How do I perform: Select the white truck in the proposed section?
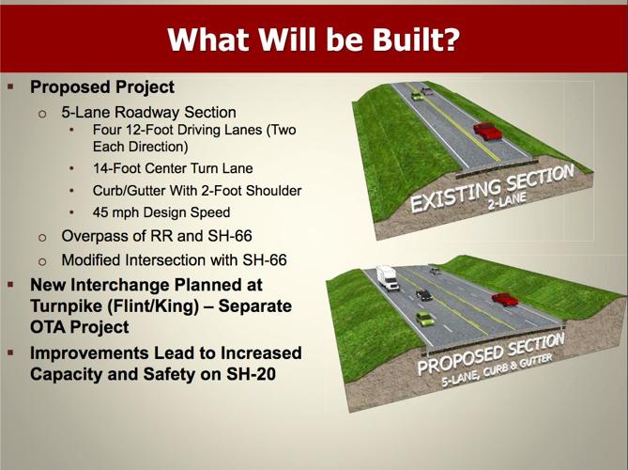pos(387,276)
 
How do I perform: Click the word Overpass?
pos(93,235)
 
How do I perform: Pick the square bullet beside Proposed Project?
pos(10,86)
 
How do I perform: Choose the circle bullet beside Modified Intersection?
pos(42,259)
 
